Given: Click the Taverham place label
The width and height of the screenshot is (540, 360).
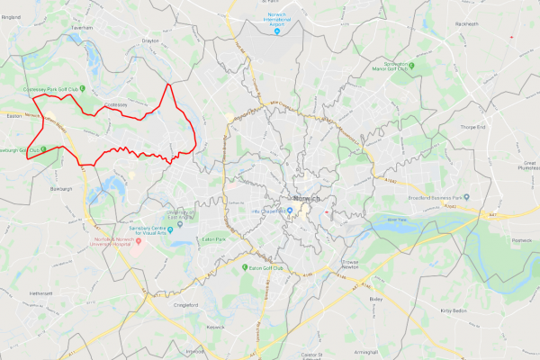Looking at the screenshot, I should click(83, 28).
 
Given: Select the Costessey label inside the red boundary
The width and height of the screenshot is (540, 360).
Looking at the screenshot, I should click(116, 105).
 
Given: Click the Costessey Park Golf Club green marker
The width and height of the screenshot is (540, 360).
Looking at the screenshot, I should click(82, 88).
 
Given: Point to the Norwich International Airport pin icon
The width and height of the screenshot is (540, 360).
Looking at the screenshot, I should click(277, 32).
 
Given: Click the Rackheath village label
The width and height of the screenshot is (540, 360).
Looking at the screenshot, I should click(466, 23).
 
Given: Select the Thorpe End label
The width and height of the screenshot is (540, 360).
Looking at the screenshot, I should click(473, 128).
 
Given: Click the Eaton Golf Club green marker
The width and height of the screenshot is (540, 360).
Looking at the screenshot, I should click(246, 267).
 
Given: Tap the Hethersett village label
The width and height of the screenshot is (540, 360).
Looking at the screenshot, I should click(41, 292).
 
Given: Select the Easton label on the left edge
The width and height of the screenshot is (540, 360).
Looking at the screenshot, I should click(13, 116).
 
